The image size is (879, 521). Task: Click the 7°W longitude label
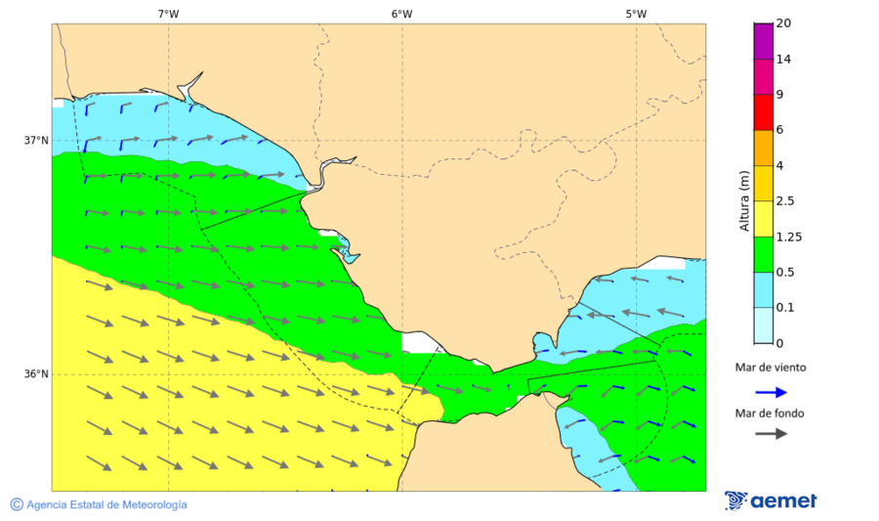click(x=168, y=14)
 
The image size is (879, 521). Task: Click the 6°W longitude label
click(x=401, y=14)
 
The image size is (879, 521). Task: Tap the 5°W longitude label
click(x=636, y=14)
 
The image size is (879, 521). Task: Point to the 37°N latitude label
click(x=36, y=141)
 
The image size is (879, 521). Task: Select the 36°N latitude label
click(x=36, y=374)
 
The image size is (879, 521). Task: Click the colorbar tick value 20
click(x=783, y=23)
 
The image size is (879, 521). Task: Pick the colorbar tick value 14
click(x=783, y=60)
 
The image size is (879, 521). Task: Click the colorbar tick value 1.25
click(x=787, y=237)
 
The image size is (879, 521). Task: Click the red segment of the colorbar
click(x=764, y=112)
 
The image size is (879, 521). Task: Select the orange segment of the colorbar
click(x=764, y=148)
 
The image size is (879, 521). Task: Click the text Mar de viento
click(x=771, y=368)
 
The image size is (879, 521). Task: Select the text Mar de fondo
click(x=771, y=413)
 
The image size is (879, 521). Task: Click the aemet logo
click(x=772, y=501)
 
